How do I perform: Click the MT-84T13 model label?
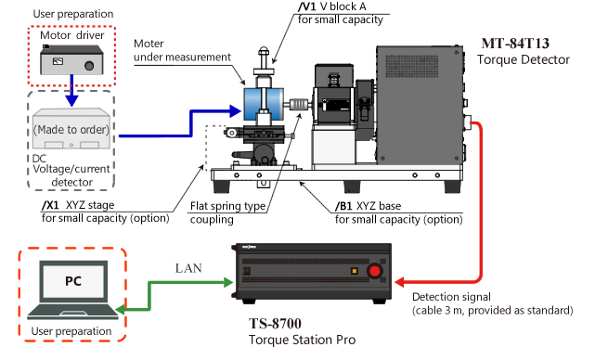515,43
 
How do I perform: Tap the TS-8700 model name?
275,323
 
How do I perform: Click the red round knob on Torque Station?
374,271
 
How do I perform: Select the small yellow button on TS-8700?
354,271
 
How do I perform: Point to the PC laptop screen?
73,281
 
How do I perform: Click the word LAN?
188,268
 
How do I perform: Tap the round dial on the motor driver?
89,66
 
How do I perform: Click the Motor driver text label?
72,35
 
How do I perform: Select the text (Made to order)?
71,129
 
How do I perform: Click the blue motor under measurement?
264,104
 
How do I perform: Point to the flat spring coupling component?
298,105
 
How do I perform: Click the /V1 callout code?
306,6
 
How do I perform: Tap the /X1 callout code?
51,205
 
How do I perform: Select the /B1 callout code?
344,206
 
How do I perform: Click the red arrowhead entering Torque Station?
399,282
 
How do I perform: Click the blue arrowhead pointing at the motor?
236,111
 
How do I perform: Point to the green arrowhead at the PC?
121,310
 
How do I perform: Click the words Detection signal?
451,297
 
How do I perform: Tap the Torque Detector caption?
524,59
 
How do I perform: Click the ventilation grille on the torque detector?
412,66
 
